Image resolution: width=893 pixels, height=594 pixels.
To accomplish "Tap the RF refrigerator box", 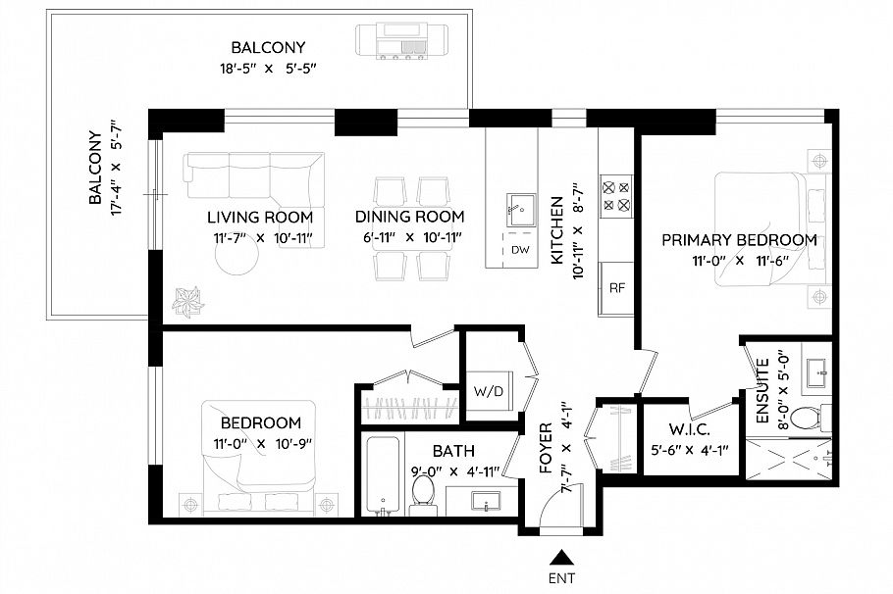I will coord(617,288).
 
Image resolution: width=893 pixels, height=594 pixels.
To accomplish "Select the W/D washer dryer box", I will coord(488,392).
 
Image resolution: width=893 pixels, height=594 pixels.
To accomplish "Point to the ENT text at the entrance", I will coord(561,578).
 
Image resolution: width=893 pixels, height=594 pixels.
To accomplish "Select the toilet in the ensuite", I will coord(806,418).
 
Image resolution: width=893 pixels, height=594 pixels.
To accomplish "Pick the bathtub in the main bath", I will coord(382,476).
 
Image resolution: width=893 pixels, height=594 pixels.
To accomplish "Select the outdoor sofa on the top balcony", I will coord(399,42).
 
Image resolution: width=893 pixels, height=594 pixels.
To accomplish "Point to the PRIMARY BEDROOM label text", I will coord(739,240).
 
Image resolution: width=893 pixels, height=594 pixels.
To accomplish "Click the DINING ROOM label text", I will coord(409,217).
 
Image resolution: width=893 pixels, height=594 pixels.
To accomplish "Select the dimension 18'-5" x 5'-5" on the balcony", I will coord(268,69).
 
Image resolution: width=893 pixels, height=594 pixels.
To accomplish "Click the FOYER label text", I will coord(547,449).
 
